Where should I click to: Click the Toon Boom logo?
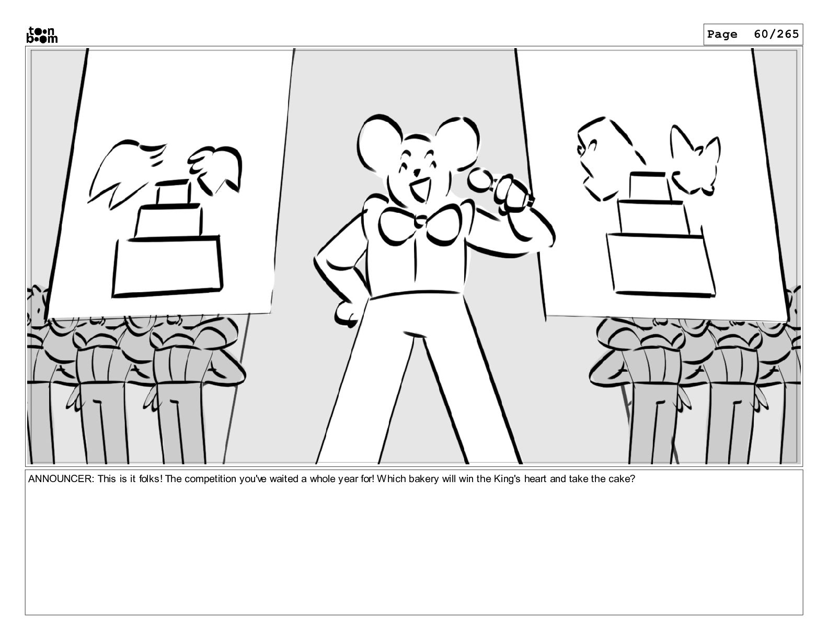42,35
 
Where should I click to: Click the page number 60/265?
776,35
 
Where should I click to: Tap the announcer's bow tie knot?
420,221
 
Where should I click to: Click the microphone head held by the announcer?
480,180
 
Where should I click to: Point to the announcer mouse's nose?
417,172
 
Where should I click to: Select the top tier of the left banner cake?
173,192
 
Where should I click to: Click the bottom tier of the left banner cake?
167,267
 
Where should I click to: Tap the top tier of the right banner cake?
649,186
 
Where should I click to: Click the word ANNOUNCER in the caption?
61,479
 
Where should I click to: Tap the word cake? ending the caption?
622,479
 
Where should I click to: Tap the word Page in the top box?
722,35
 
